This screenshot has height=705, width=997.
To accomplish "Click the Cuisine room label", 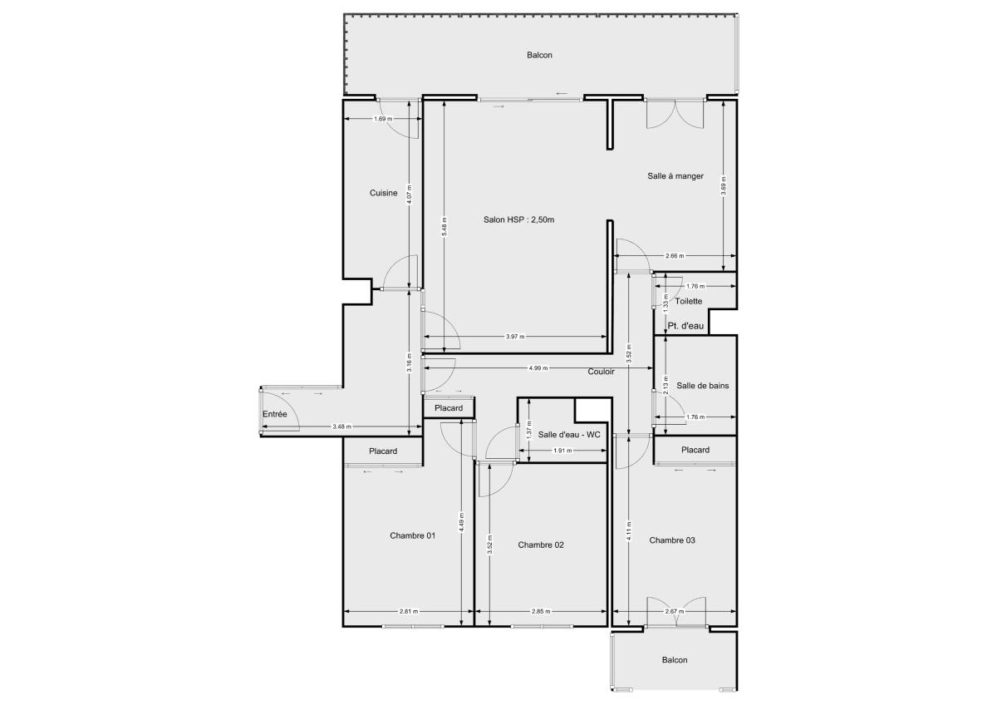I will (383, 193).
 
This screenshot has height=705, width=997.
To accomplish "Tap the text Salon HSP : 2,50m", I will (518, 220).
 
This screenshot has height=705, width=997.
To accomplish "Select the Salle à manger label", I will (675, 176).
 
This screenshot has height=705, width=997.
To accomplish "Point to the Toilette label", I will (690, 301).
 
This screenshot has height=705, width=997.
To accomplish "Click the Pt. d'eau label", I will (685, 326).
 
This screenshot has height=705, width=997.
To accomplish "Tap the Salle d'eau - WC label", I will (569, 435).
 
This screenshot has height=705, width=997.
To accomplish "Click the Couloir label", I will (601, 372).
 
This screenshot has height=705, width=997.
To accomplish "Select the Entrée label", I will (274, 414).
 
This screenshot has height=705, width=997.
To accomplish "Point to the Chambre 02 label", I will (541, 545).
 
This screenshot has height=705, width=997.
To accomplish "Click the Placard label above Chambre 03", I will (695, 450).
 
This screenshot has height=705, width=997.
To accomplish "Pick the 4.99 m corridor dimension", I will (536, 367).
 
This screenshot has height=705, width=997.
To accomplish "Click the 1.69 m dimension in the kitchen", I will (382, 119).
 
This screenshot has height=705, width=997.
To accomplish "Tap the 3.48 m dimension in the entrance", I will (341, 427).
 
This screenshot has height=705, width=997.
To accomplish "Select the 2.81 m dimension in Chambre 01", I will (407, 612).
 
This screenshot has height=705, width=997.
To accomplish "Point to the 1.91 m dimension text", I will (562, 451).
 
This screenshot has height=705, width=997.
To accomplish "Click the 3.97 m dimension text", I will (516, 337).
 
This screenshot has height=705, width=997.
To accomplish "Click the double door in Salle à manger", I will (675, 113).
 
